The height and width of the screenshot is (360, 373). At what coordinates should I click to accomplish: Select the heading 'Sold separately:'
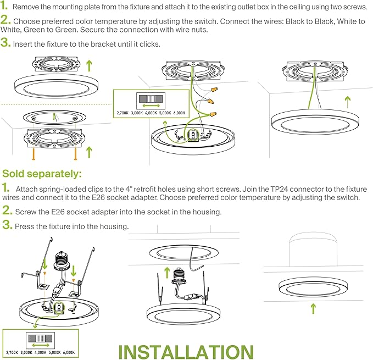coord(42,174)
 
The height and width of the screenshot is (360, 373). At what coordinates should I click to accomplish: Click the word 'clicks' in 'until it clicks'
coord(148,43)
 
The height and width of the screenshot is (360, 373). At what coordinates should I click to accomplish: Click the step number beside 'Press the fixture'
coord(7,225)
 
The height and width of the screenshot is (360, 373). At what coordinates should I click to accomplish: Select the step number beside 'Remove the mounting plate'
coord(4,7)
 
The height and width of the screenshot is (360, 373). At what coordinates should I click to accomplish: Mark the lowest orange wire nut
coord(210,114)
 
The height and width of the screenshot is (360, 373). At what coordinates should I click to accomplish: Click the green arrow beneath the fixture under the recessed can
coord(313,308)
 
